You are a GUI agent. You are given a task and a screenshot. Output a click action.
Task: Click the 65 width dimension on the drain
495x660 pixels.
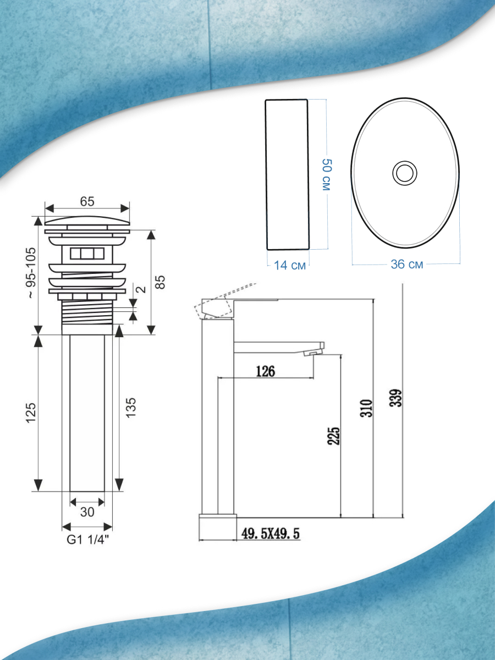pos(87,201)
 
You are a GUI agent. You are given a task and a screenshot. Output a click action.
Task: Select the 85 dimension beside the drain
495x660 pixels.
pos(161,282)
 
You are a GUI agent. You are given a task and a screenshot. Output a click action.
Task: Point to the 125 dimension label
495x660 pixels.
pos(31,413)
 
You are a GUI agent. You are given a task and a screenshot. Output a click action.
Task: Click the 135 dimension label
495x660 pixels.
pos(131,408)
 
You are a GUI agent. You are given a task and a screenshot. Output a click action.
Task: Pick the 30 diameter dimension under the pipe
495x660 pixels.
pos(87,512)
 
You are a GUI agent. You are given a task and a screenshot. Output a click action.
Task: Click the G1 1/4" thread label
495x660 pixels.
pos(87,540)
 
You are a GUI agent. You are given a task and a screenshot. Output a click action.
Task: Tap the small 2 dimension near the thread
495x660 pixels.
pos(141,289)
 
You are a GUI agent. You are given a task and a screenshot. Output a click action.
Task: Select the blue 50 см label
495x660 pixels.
pos(327,174)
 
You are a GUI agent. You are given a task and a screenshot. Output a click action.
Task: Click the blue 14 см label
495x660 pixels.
pos(290,265)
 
